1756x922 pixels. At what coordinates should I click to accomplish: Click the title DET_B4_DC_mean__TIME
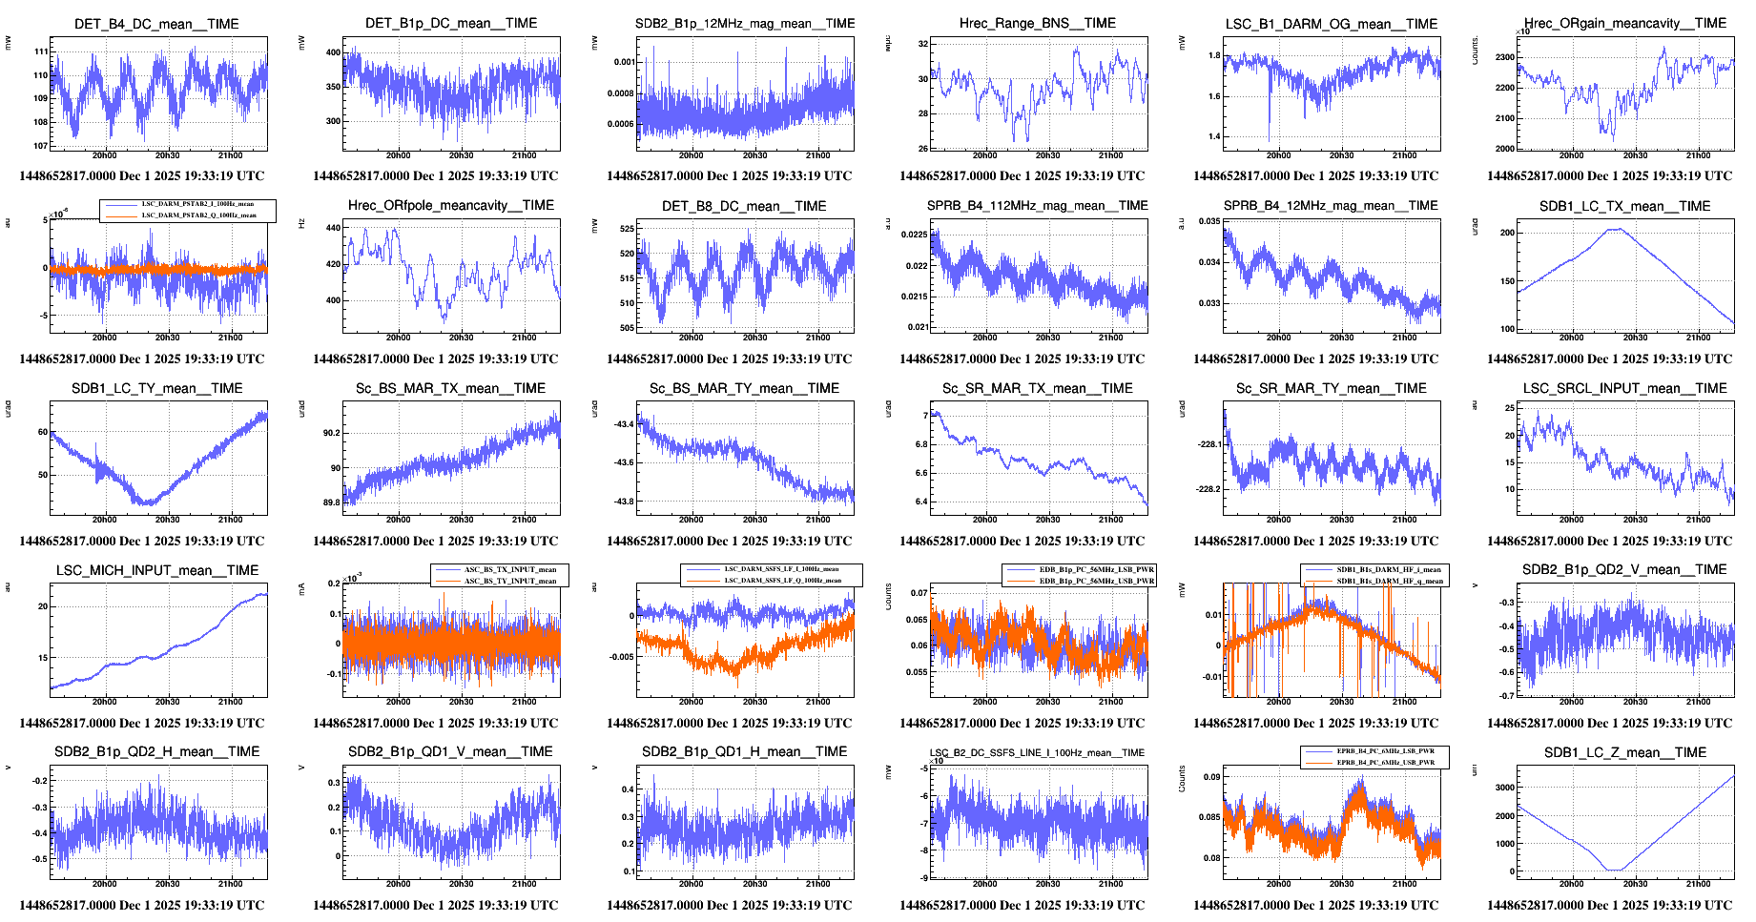[156, 24]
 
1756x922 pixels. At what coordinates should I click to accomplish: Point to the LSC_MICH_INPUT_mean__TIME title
[157, 570]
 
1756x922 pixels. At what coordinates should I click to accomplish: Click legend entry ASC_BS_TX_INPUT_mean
[510, 570]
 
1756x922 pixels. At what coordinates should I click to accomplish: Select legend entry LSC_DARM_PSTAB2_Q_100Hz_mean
[198, 215]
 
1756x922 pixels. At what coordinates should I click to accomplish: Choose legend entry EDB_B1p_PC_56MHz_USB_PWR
[1097, 580]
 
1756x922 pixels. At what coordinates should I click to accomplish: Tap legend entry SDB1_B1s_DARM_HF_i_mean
[1389, 570]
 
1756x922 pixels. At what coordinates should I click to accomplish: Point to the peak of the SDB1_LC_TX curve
[1617, 229]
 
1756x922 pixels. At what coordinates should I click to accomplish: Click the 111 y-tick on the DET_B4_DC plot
[41, 51]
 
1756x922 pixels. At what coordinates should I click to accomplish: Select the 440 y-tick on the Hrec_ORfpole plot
[333, 228]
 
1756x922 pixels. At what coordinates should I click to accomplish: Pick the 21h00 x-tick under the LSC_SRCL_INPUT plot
[1698, 520]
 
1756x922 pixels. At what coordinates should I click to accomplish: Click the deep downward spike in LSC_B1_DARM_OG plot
[1270, 139]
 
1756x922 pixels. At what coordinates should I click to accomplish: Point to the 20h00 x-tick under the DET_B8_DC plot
[692, 338]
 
